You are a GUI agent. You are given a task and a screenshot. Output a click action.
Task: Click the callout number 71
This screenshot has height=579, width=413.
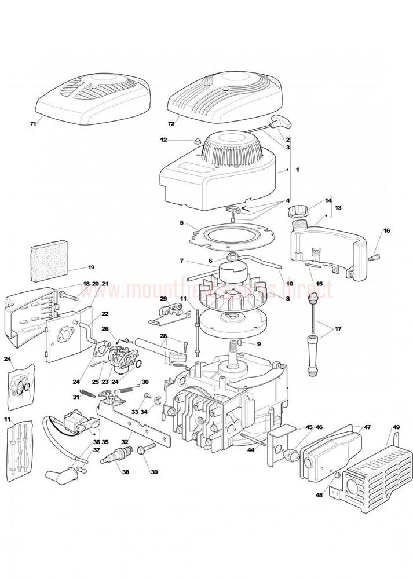click(33, 124)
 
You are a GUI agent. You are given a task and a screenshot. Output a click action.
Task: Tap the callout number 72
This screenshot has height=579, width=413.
click(171, 124)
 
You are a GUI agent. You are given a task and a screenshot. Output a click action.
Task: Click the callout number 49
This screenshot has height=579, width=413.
click(396, 427)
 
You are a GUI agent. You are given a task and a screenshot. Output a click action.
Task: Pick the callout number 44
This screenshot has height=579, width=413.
click(251, 449)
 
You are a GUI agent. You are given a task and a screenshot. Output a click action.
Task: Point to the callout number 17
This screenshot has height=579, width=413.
click(338, 329)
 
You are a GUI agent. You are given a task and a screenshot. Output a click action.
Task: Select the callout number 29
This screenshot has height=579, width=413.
click(163, 299)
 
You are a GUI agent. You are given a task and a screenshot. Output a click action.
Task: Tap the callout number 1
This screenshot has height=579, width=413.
click(297, 170)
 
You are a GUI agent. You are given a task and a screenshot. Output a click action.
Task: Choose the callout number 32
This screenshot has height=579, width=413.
click(123, 441)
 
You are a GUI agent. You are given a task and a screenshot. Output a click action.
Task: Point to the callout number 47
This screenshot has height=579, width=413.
click(367, 427)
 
